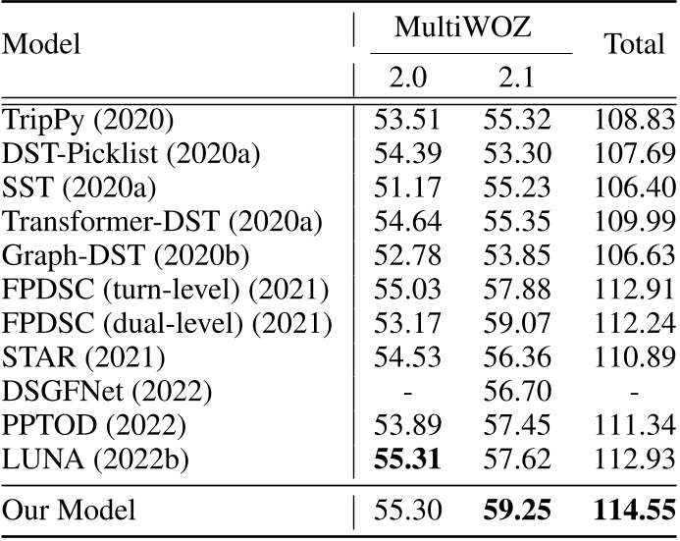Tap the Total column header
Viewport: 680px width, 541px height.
(x=635, y=44)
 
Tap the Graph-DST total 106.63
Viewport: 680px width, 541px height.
(x=634, y=257)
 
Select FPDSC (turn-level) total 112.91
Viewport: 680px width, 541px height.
(x=634, y=292)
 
